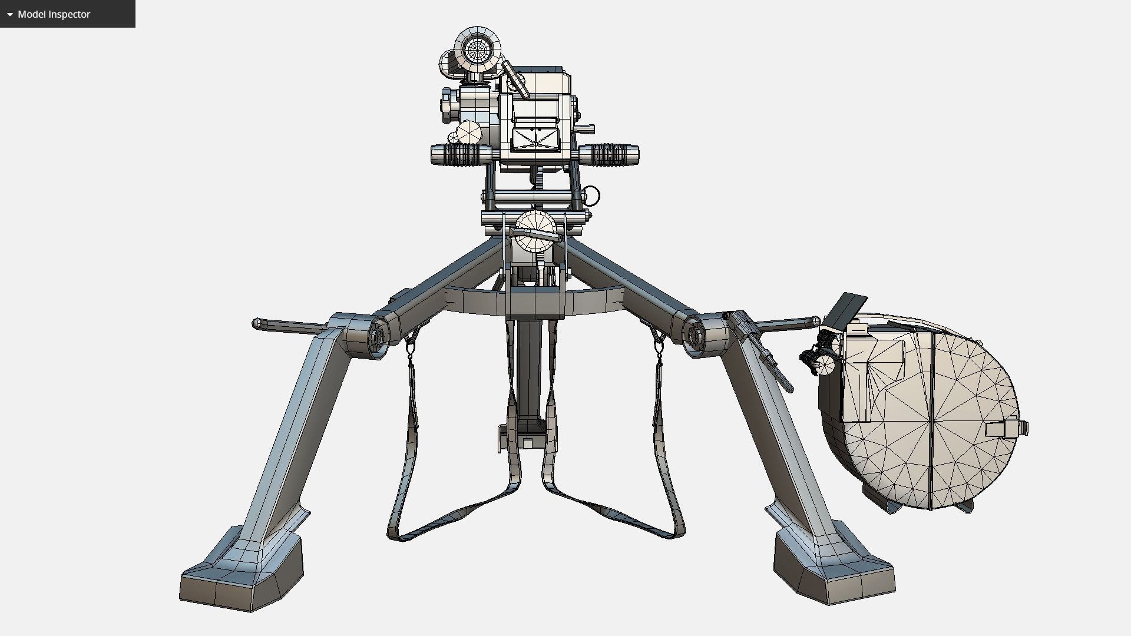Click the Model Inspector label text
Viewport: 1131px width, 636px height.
pyautogui.click(x=54, y=14)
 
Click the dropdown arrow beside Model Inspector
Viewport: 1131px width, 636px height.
pyautogui.click(x=9, y=14)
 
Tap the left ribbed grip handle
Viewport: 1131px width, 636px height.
pyautogui.click(x=462, y=154)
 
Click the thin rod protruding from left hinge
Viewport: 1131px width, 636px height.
pyautogui.click(x=289, y=326)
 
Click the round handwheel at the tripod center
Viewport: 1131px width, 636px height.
pyautogui.click(x=535, y=231)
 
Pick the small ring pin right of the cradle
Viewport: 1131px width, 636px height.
pyautogui.click(x=591, y=196)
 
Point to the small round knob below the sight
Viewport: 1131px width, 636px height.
pyautogui.click(x=469, y=132)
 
